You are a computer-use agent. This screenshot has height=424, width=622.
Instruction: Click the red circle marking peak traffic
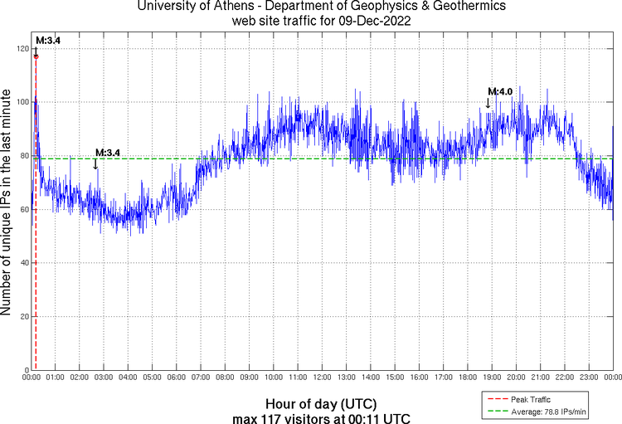click(36, 56)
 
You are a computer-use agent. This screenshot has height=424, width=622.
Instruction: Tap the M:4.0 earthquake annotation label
click(500, 91)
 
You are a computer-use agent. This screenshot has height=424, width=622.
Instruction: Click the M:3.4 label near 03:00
click(108, 153)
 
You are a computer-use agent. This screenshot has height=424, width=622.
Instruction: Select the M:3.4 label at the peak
click(48, 40)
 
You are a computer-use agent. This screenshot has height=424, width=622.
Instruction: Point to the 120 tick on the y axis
click(22, 49)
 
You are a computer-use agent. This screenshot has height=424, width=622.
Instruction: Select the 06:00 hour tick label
click(177, 378)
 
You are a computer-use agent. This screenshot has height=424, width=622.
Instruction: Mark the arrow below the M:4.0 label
click(488, 103)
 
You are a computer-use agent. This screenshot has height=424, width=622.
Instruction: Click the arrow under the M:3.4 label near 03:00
click(96, 163)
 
